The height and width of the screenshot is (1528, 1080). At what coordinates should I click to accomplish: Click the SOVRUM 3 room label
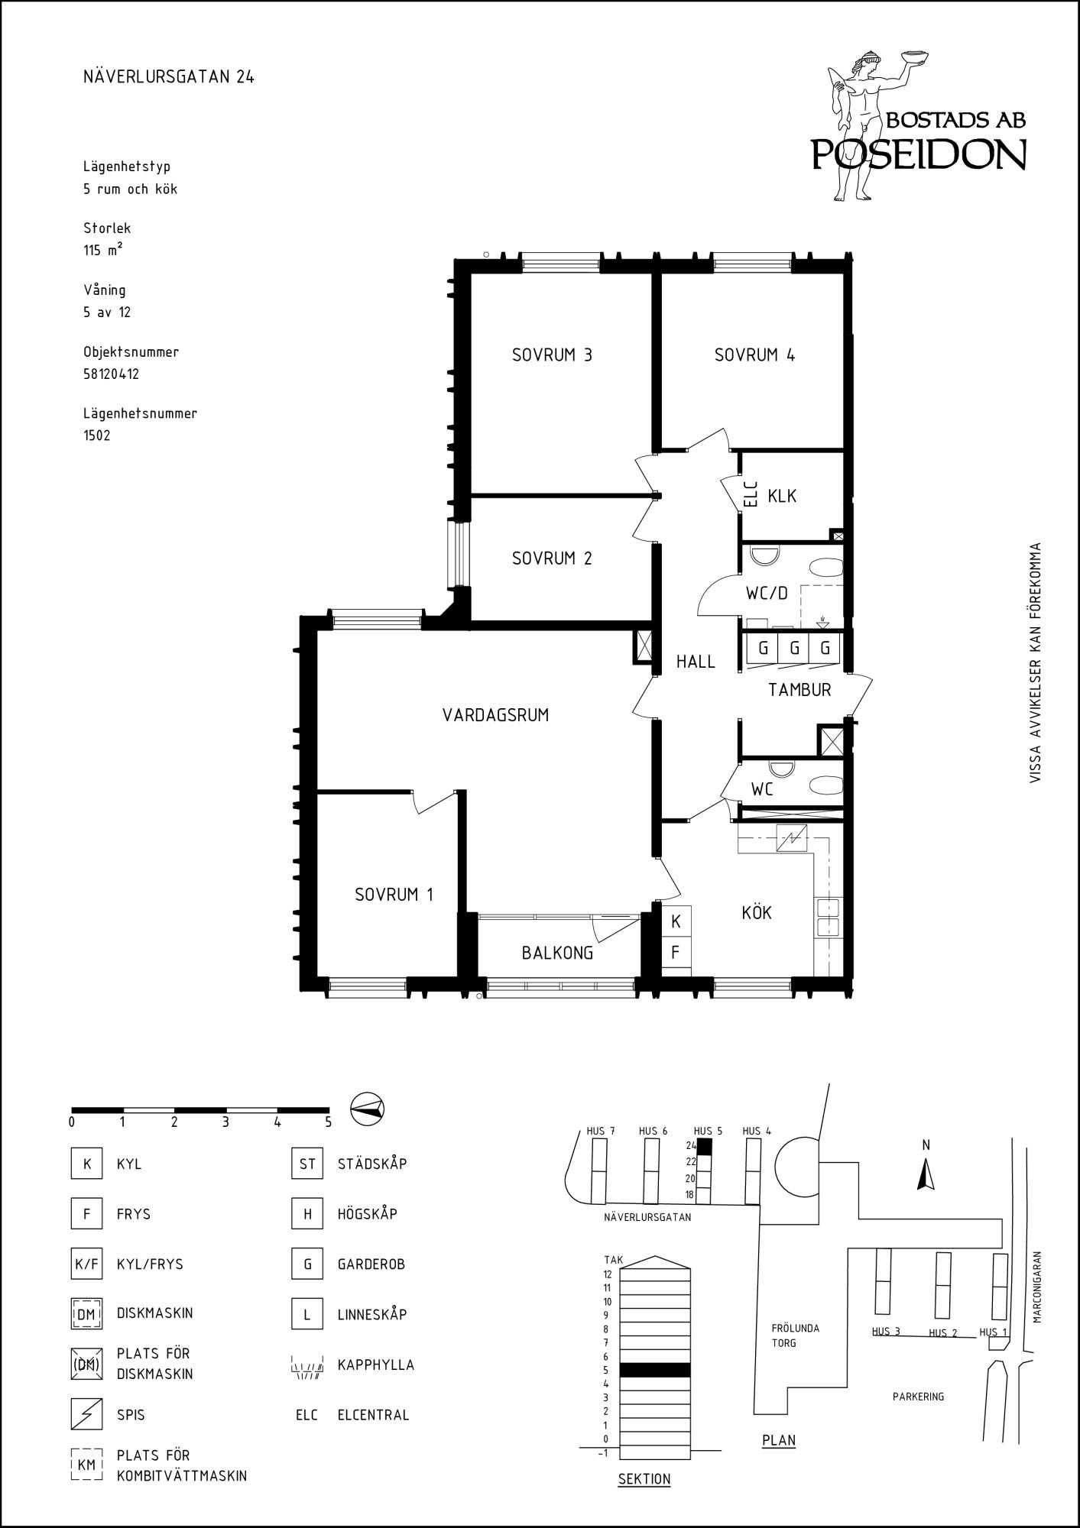click(x=552, y=355)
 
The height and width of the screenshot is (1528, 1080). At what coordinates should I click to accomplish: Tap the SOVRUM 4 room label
click(x=754, y=355)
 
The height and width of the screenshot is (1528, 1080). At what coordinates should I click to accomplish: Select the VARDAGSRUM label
click(x=495, y=716)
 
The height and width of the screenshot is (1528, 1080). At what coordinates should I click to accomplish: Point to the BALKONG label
click(x=557, y=953)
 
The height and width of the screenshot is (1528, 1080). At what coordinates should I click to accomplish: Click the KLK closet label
click(x=782, y=497)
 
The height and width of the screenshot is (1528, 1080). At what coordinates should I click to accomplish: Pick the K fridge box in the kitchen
click(x=676, y=922)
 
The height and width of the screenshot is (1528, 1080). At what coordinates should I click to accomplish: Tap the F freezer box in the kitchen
click(x=676, y=953)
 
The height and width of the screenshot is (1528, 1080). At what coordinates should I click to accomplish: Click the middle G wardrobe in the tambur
click(x=794, y=649)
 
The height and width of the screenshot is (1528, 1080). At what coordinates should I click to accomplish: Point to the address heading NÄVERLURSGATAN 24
click(x=169, y=77)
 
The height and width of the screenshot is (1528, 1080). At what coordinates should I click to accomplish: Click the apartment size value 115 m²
click(x=103, y=250)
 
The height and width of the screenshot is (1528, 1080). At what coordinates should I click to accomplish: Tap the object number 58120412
click(x=111, y=374)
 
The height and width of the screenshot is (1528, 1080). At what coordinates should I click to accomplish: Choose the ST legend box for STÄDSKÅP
click(x=306, y=1164)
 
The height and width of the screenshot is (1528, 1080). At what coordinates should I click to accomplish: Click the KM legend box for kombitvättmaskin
click(x=86, y=1465)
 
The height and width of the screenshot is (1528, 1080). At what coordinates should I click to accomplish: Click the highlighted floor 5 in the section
click(x=655, y=1370)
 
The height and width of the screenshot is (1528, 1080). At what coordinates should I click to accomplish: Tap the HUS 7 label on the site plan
click(x=601, y=1131)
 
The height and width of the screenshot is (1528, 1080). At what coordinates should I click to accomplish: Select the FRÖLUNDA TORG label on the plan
click(x=795, y=1335)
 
